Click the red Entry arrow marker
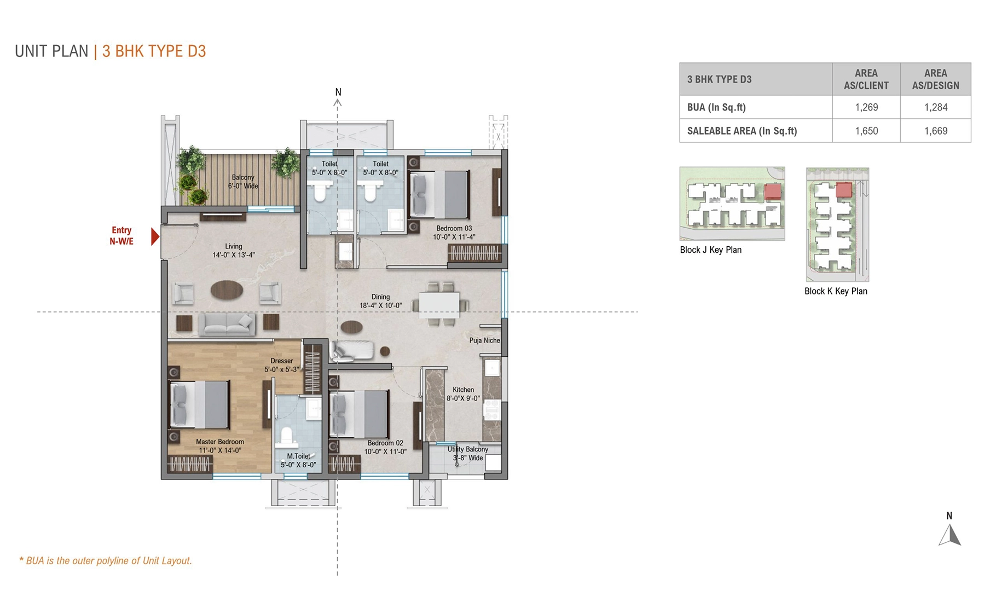point(155,236)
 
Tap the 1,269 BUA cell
point(866,107)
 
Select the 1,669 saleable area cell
point(935,131)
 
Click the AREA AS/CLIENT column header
point(866,79)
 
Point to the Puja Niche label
point(484,340)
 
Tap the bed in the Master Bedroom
point(199,404)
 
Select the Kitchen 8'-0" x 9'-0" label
point(463,394)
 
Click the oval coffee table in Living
point(227,290)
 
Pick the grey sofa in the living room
point(227,324)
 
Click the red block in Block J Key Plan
point(772,192)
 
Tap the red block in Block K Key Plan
point(844,190)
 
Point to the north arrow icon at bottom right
point(949,535)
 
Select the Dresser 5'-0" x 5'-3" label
point(282,365)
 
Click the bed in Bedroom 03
point(439,195)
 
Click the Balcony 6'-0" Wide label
point(243,182)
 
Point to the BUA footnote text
point(106,560)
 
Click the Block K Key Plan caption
point(835,291)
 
